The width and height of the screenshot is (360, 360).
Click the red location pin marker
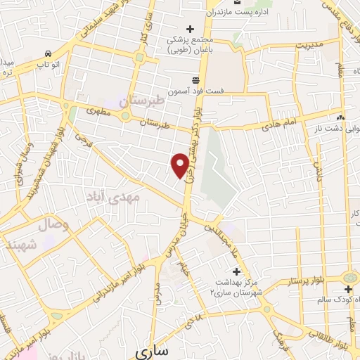click(x=181, y=165)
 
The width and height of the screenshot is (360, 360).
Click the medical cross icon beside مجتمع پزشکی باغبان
click(x=190, y=27)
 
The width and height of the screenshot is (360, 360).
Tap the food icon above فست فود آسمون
click(x=196, y=79)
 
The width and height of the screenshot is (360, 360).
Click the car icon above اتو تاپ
click(x=47, y=53)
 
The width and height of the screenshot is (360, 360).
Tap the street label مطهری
click(x=99, y=110)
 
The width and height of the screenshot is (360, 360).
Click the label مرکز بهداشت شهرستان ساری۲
click(x=236, y=285)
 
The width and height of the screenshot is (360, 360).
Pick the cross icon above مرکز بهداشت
click(x=236, y=271)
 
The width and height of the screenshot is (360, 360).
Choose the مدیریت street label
click(x=307, y=46)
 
